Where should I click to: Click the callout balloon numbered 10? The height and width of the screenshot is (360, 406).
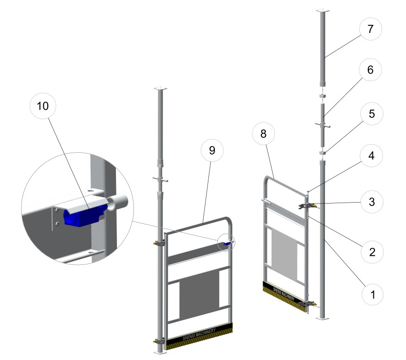[43, 106]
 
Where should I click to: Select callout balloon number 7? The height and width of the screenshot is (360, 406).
[371, 29]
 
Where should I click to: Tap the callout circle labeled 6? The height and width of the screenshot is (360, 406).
[370, 70]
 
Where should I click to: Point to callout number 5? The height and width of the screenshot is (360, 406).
[372, 114]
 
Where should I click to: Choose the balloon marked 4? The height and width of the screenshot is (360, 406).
[371, 155]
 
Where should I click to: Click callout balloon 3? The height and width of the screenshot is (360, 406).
[372, 202]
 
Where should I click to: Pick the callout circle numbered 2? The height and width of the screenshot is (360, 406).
[372, 252]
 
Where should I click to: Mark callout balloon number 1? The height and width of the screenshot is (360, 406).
[373, 294]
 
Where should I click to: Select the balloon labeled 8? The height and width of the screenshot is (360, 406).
[263, 133]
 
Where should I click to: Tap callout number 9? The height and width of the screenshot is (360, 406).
[212, 150]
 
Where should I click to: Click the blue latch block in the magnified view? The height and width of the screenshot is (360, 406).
[83, 215]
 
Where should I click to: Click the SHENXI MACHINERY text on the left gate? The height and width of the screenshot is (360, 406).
[199, 334]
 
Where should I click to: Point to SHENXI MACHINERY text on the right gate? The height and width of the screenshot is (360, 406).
[284, 294]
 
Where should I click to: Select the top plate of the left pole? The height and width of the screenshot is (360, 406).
[160, 89]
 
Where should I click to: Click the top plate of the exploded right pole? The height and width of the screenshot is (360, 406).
[323, 11]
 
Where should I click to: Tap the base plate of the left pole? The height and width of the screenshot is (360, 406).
[160, 352]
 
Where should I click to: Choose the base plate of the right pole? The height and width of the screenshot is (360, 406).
[323, 318]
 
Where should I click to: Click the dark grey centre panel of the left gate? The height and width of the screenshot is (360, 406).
[199, 295]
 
